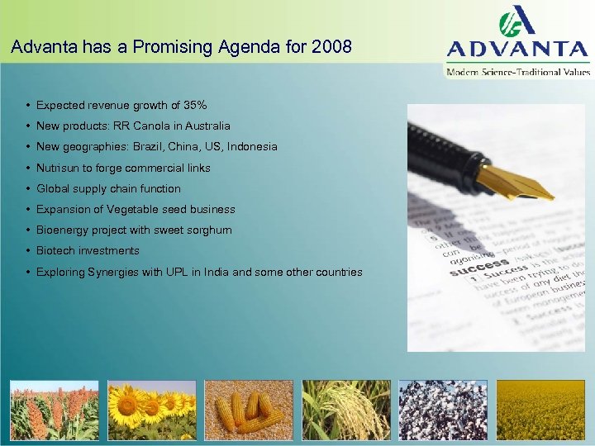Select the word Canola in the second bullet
click(x=150, y=126)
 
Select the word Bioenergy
click(x=63, y=230)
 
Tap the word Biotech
click(x=55, y=250)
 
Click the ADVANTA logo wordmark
click(x=518, y=48)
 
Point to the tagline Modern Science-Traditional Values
click(x=518, y=72)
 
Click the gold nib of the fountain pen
click(x=516, y=183)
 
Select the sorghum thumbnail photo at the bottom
click(x=54, y=410)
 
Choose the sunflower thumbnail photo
click(x=151, y=410)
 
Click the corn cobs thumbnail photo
click(x=249, y=410)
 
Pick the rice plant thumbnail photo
click(x=346, y=410)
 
